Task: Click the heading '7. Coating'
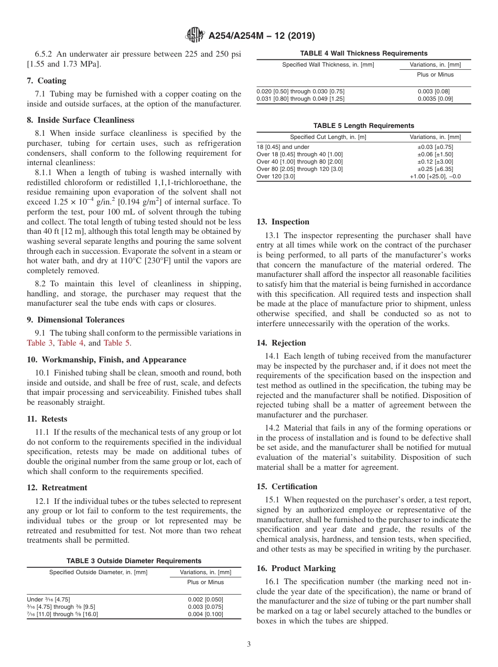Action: coord(47,81)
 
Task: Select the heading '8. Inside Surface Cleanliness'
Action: coord(80,120)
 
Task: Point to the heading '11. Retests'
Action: coord(47,419)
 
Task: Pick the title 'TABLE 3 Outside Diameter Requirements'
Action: coord(134,561)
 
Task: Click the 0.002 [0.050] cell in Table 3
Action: coord(205,599)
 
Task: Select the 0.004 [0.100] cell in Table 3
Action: coord(205,614)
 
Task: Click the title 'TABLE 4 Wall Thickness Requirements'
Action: coord(363,53)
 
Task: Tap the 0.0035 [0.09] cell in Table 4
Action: coord(435,99)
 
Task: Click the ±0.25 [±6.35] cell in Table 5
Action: coord(435,169)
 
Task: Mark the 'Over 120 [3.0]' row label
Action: coord(276,177)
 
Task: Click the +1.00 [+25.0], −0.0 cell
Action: coord(435,177)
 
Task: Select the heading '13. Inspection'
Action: coord(283,222)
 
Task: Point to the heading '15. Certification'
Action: coord(287,487)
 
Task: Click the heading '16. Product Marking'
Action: coord(296,568)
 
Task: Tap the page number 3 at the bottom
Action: coord(248,644)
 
